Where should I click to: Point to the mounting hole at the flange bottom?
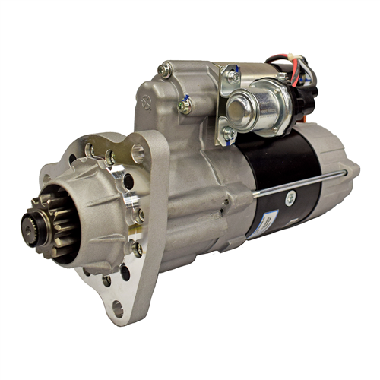point(117,308)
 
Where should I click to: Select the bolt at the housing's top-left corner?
point(164,71)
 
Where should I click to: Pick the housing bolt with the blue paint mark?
point(184,106)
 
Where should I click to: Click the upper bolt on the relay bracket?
point(233,76)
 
